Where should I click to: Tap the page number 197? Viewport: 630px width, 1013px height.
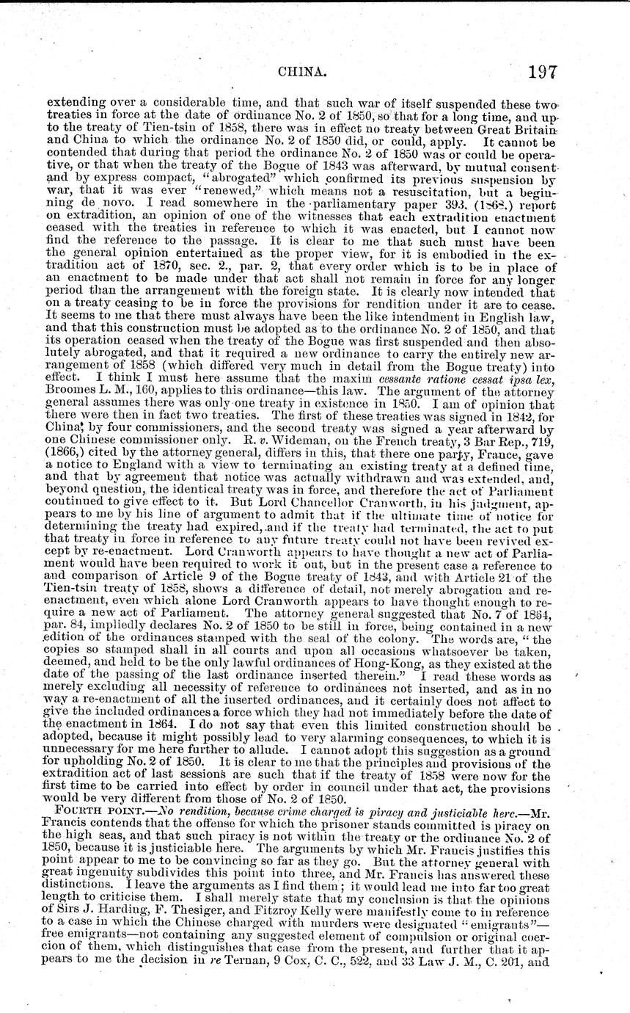point(538,72)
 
